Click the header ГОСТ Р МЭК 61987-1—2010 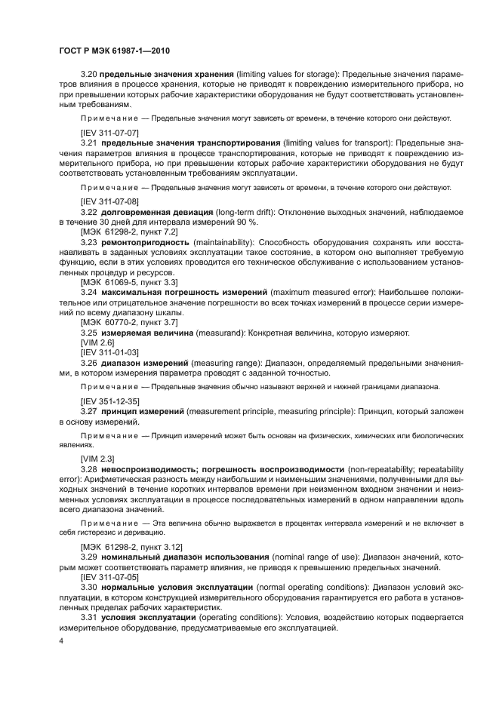point(113,51)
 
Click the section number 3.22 point(89,213)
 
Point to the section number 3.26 point(89,362)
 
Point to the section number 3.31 point(89,616)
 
